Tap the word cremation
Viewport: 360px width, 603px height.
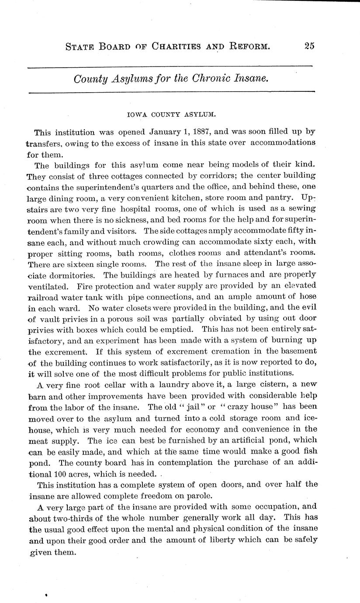[221, 351]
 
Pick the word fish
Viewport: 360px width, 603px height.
[308, 451]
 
